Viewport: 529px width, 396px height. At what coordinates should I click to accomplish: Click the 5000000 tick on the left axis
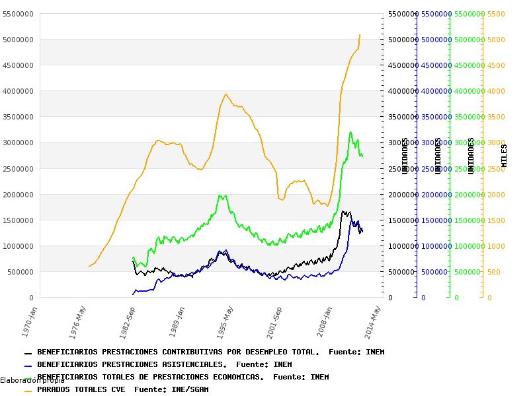tap(19, 40)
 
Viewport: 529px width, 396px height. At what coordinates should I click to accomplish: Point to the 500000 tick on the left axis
tap(20, 272)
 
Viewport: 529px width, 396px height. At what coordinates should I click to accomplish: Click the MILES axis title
tap(505, 156)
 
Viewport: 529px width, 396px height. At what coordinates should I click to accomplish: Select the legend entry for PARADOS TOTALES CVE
tap(122, 389)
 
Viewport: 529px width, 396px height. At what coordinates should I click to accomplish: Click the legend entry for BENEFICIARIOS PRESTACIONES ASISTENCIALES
tap(164, 364)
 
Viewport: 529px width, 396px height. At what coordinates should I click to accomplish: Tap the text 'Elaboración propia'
tap(32, 380)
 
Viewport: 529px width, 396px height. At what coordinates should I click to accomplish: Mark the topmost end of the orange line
tap(360, 34)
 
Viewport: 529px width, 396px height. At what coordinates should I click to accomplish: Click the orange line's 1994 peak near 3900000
tap(226, 94)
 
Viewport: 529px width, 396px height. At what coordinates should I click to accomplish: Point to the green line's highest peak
tap(350, 132)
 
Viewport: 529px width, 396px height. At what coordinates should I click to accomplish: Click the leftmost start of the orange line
tap(89, 267)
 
